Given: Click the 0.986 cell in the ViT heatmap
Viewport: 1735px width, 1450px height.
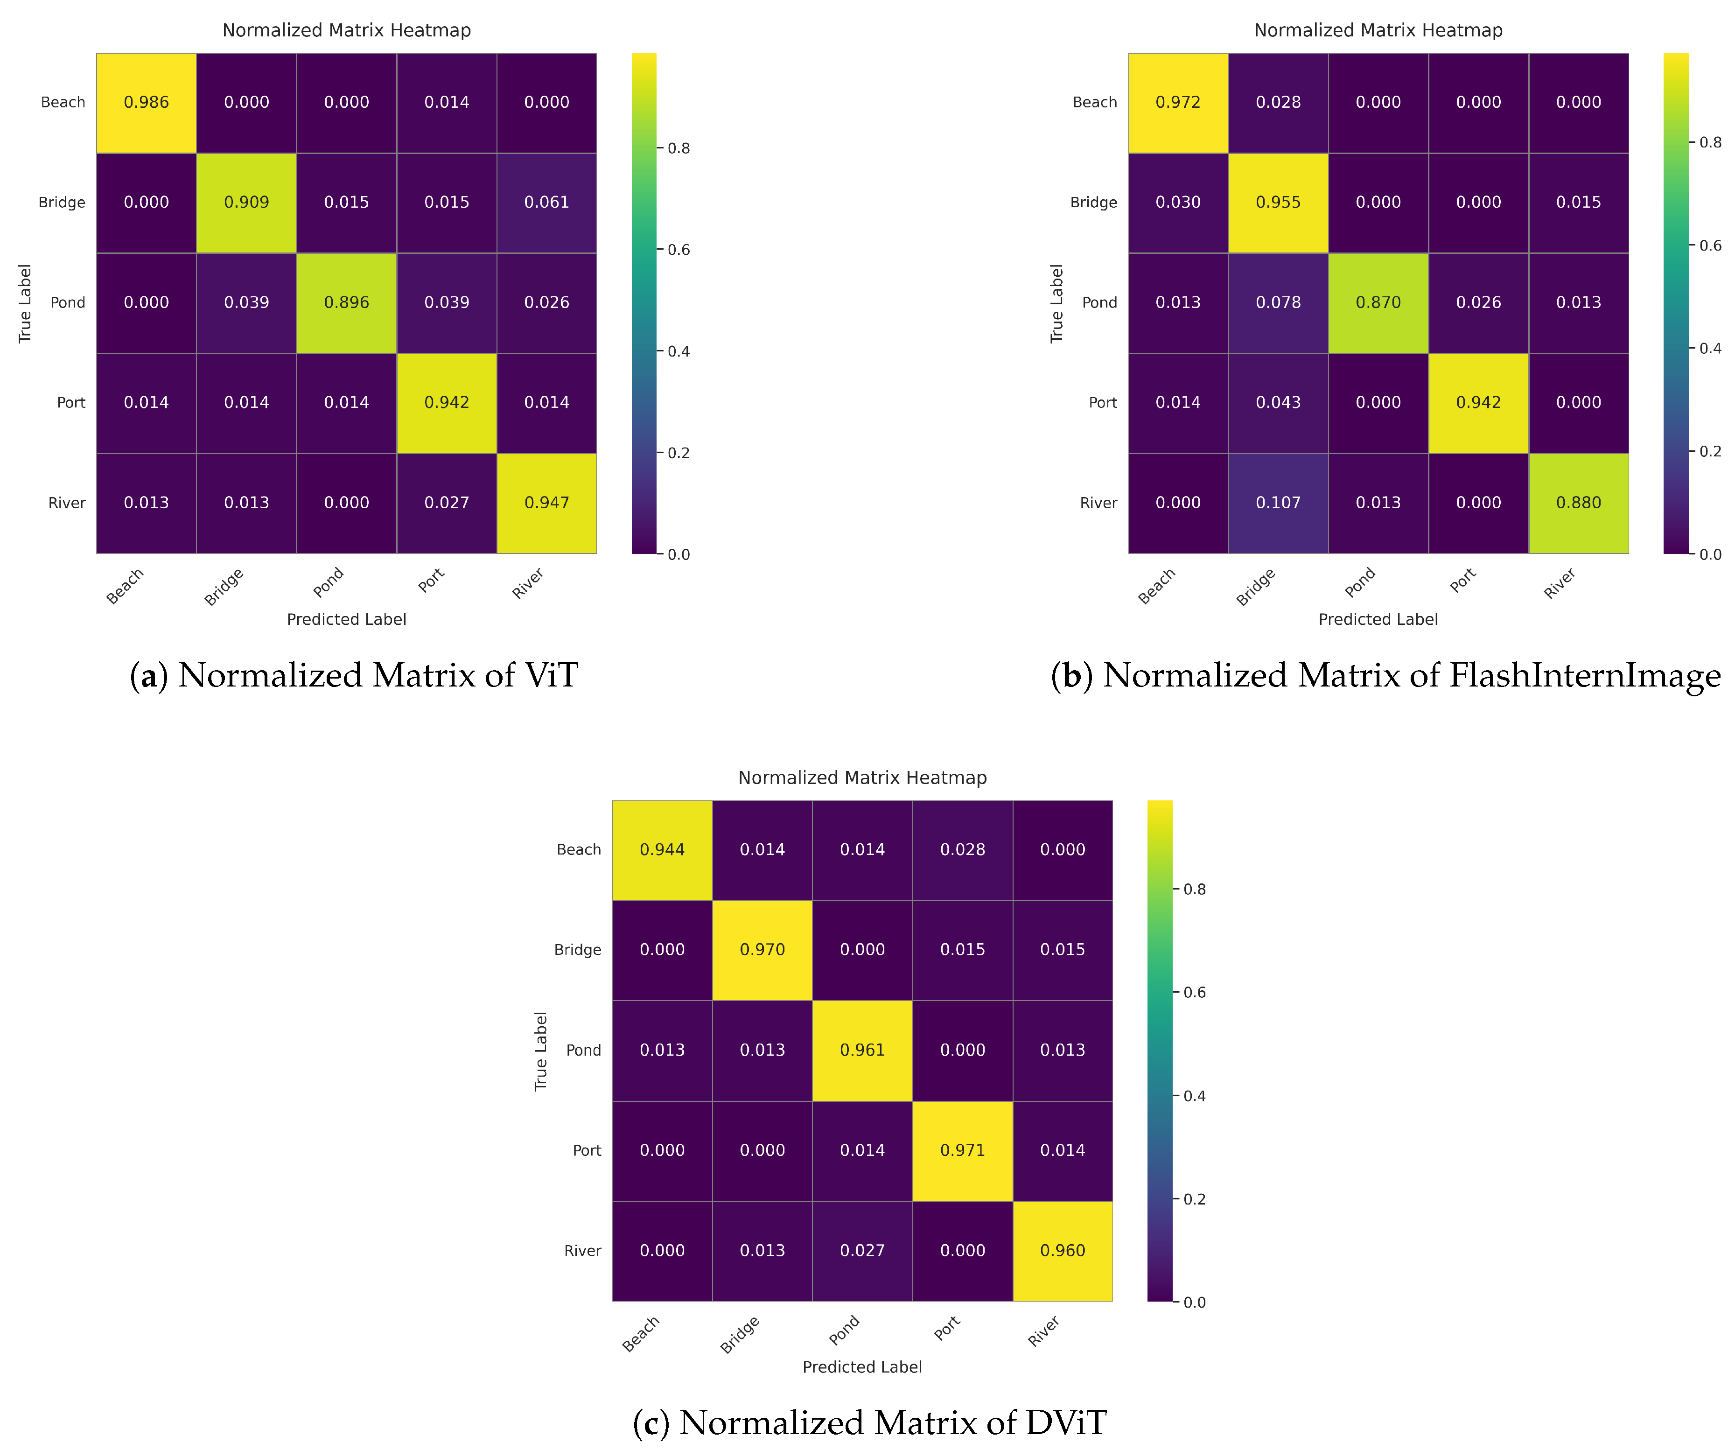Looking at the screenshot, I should click(146, 103).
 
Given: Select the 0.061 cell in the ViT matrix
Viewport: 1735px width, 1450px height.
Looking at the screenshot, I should click(547, 203).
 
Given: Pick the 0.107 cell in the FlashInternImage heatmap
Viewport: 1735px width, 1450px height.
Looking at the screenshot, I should click(1278, 502).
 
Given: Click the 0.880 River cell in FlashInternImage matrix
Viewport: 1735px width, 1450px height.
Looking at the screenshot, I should click(1578, 502).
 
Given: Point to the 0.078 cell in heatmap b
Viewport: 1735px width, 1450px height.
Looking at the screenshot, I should click(1278, 302).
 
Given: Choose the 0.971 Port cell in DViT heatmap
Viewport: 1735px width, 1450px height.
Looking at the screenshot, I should click(963, 1150).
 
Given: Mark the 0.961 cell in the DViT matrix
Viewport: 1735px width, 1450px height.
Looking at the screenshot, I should click(862, 1050).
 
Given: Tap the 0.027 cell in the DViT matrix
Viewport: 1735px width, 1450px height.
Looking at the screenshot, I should click(862, 1250).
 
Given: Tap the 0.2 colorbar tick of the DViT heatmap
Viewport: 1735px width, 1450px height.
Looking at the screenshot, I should click(1194, 1199).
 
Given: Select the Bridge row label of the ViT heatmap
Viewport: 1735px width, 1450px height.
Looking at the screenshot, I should click(62, 203).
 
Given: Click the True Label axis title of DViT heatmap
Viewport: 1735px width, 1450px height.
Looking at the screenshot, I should click(541, 1051).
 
